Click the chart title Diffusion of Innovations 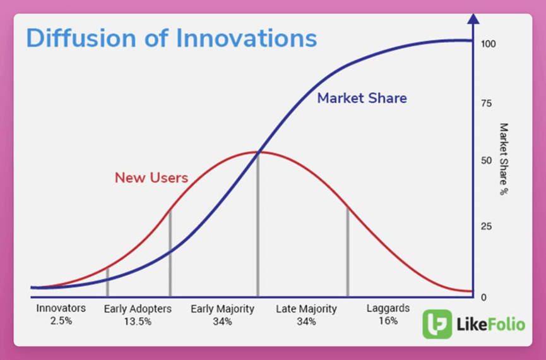tap(172, 38)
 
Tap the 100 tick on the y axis tap(488, 44)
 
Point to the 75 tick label tap(487, 104)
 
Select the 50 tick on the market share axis tap(487, 160)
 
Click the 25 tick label tap(487, 227)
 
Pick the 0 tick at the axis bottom tap(484, 297)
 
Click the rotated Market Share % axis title tap(504, 159)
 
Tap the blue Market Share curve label tap(362, 99)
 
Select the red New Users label tap(151, 177)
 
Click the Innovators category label tap(61, 308)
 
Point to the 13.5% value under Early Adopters tap(138, 321)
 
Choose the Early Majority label tap(223, 309)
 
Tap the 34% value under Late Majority tap(306, 321)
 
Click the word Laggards tap(388, 309)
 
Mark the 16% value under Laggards tap(388, 321)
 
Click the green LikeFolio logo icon tap(437, 324)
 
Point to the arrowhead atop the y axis tap(473, 19)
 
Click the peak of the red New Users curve tap(258, 152)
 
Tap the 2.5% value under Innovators tap(61, 321)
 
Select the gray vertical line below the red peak tap(258, 225)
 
